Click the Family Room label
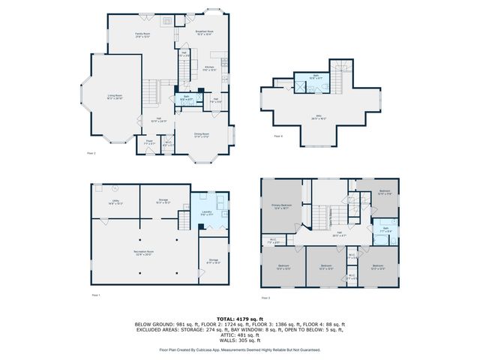tap(142, 35)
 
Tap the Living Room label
tap(115, 97)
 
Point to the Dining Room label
tap(202, 136)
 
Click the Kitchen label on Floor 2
tap(210, 69)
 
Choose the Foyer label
tap(149, 142)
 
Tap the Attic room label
tap(318, 118)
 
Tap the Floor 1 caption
tap(95, 296)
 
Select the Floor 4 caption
tap(278, 136)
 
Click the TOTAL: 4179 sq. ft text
tap(240, 319)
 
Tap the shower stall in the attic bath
tap(303, 87)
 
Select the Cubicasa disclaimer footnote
tap(240, 349)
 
